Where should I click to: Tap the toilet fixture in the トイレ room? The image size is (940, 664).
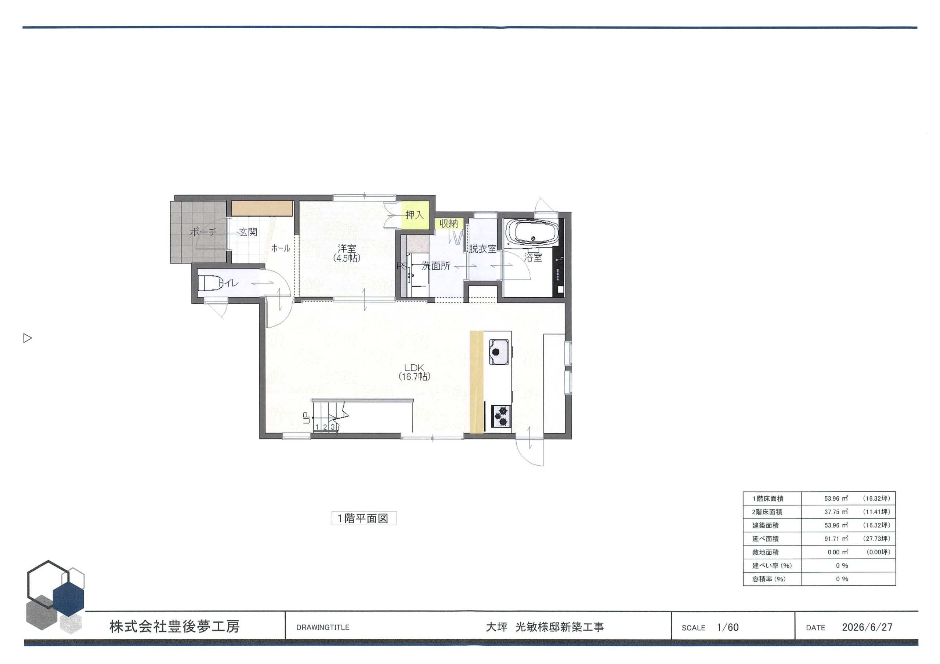click(209, 283)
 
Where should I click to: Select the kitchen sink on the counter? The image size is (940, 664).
click(499, 351)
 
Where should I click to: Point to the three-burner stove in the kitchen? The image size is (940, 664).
click(501, 416)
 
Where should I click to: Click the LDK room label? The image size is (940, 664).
click(414, 372)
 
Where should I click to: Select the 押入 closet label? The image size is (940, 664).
click(414, 215)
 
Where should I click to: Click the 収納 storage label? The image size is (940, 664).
click(449, 223)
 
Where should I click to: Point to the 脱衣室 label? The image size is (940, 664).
click(483, 249)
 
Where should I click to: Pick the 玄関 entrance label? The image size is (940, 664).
click(248, 232)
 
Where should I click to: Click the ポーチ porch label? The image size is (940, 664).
click(203, 232)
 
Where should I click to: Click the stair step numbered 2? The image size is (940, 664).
click(325, 427)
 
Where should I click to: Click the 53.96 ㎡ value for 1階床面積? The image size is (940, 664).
click(836, 499)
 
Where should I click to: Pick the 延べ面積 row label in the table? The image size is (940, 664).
click(766, 539)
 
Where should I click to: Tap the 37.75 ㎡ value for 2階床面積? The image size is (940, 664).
click(836, 512)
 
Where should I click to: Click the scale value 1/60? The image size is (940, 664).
click(727, 628)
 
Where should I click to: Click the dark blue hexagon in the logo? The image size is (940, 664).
click(68, 597)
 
